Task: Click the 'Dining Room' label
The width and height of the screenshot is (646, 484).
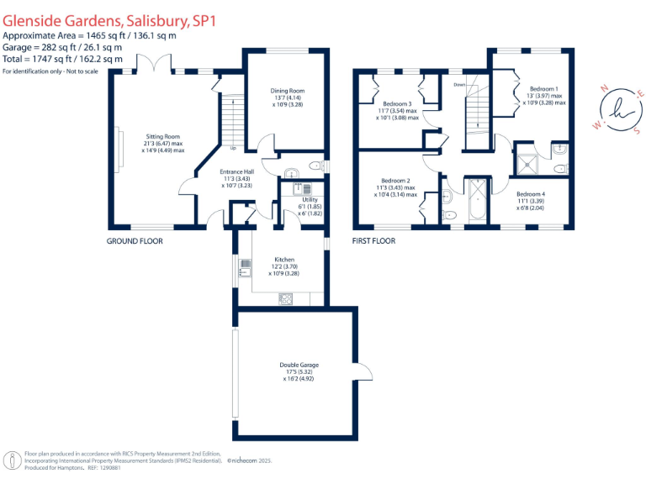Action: [x=287, y=91]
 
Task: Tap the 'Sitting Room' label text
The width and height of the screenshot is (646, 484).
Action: [x=162, y=136]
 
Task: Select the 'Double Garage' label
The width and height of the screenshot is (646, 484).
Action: [x=299, y=365]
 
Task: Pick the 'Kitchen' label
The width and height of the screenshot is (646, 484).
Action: [x=284, y=260]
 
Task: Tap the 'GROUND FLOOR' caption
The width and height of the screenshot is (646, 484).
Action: [x=135, y=241]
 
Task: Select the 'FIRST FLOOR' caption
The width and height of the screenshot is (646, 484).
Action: [x=373, y=241]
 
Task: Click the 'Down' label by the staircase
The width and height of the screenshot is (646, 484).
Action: [x=459, y=85]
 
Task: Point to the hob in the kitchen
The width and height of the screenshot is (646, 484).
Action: [x=286, y=297]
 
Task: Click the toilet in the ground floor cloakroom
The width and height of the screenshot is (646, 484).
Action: [x=315, y=165]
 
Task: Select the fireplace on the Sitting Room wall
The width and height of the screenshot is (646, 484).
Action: [x=119, y=150]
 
